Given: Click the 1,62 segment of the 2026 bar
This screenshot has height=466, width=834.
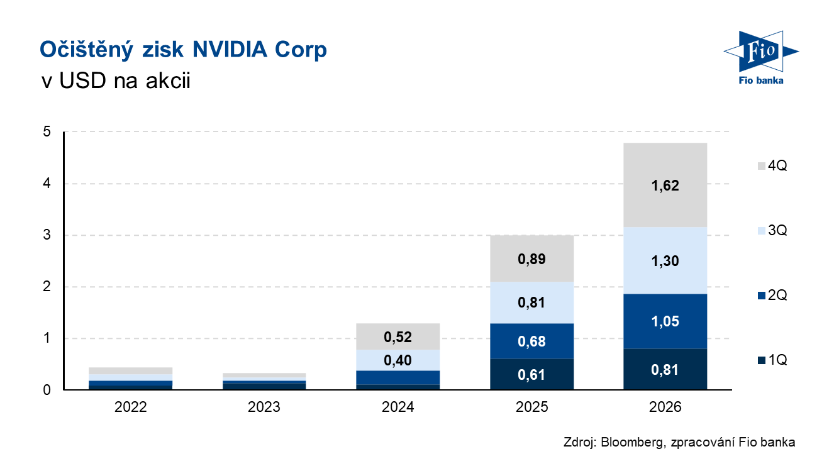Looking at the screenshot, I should pyautogui.click(x=665, y=186).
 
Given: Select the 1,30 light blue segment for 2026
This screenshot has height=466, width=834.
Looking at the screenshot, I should pyautogui.click(x=665, y=260).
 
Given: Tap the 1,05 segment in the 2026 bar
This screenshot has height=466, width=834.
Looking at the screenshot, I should pyautogui.click(x=665, y=321).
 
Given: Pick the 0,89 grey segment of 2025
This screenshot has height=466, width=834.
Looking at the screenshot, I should pyautogui.click(x=531, y=258).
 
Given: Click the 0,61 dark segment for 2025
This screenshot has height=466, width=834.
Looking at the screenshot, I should pyautogui.click(x=531, y=375).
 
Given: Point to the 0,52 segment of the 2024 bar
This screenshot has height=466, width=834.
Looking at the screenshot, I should pyautogui.click(x=398, y=337).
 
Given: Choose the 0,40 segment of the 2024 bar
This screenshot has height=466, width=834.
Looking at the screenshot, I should pyautogui.click(x=398, y=360).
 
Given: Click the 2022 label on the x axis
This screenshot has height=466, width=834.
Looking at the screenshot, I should pyautogui.click(x=130, y=407).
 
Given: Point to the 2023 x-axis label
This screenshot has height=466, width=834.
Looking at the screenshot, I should pyautogui.click(x=264, y=407).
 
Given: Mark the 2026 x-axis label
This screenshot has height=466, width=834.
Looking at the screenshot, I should pyautogui.click(x=665, y=407).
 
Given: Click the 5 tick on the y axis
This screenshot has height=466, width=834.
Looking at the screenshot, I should pyautogui.click(x=47, y=132).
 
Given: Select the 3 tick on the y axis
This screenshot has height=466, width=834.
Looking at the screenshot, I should pyautogui.click(x=47, y=235).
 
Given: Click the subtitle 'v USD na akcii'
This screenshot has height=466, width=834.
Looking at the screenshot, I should pyautogui.click(x=114, y=82).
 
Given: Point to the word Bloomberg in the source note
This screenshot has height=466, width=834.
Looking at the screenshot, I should pyautogui.click(x=629, y=442).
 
